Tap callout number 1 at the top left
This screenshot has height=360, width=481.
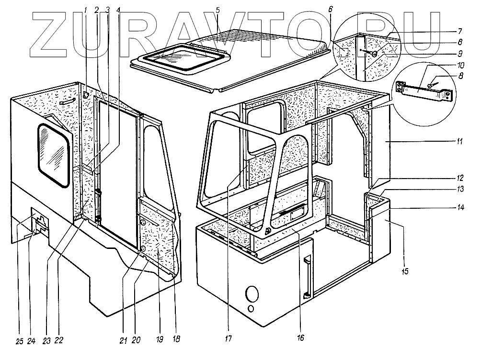coord(86,9)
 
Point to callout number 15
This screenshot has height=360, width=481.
coord(405,272)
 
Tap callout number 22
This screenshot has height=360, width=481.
coord(59,341)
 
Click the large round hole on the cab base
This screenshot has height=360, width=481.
coord(252,293)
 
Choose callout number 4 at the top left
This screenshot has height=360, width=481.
coord(118,9)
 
